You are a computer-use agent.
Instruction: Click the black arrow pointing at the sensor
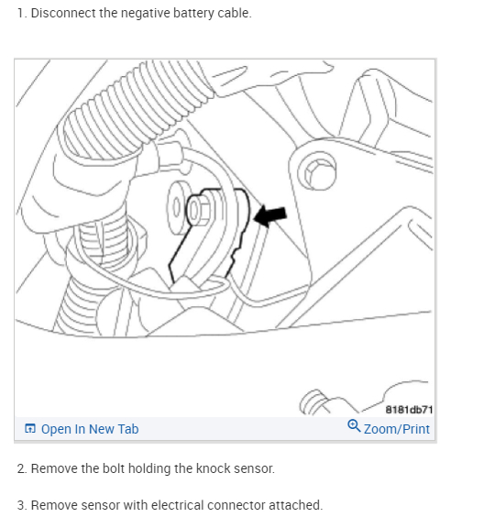click(270, 216)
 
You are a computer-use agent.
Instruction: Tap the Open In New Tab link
click(90, 429)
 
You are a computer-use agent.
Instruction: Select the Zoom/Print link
click(397, 429)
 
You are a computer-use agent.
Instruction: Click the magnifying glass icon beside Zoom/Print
click(354, 425)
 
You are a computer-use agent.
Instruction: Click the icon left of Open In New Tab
click(30, 429)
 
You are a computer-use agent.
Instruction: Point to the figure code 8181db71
click(409, 410)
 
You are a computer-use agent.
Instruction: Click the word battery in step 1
click(193, 14)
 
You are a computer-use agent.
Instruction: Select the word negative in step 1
click(146, 14)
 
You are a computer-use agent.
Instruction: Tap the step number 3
click(21, 505)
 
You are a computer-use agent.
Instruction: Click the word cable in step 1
click(235, 13)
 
